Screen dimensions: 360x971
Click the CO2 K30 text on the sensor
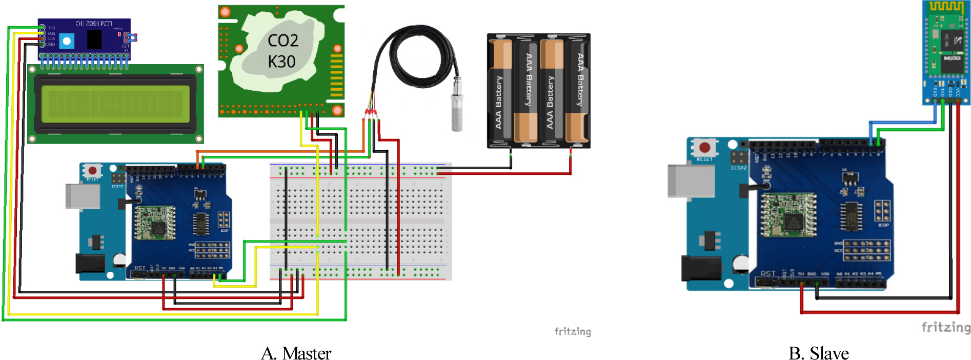click(x=281, y=51)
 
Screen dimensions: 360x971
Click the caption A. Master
click(x=296, y=353)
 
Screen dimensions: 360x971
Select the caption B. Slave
click(x=818, y=353)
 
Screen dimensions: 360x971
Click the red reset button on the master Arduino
click(x=92, y=171)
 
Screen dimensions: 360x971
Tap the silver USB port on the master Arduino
click(x=83, y=196)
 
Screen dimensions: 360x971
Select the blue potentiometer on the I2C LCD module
click(x=67, y=41)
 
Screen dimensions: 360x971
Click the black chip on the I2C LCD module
click(x=94, y=39)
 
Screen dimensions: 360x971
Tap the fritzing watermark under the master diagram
click(x=573, y=331)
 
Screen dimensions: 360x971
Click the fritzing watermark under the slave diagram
click(x=946, y=327)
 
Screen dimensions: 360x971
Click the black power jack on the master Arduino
click(x=90, y=263)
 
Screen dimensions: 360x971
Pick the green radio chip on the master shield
click(x=154, y=223)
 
